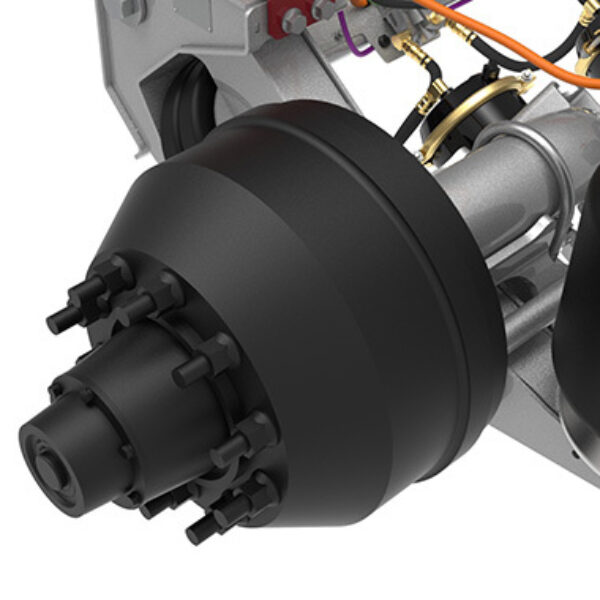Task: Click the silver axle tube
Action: click(500, 180)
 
